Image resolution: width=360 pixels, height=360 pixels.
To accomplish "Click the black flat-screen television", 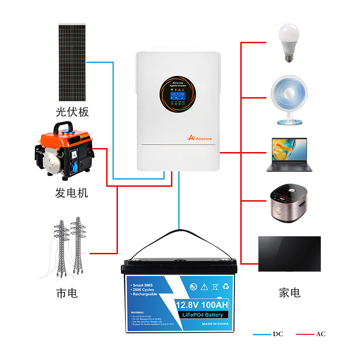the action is click(289, 254).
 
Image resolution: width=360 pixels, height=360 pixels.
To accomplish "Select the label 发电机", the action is click(72, 193).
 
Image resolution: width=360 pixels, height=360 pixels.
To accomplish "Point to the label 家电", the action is click(289, 293).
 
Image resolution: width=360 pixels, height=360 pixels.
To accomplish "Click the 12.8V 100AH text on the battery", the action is click(202, 306).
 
